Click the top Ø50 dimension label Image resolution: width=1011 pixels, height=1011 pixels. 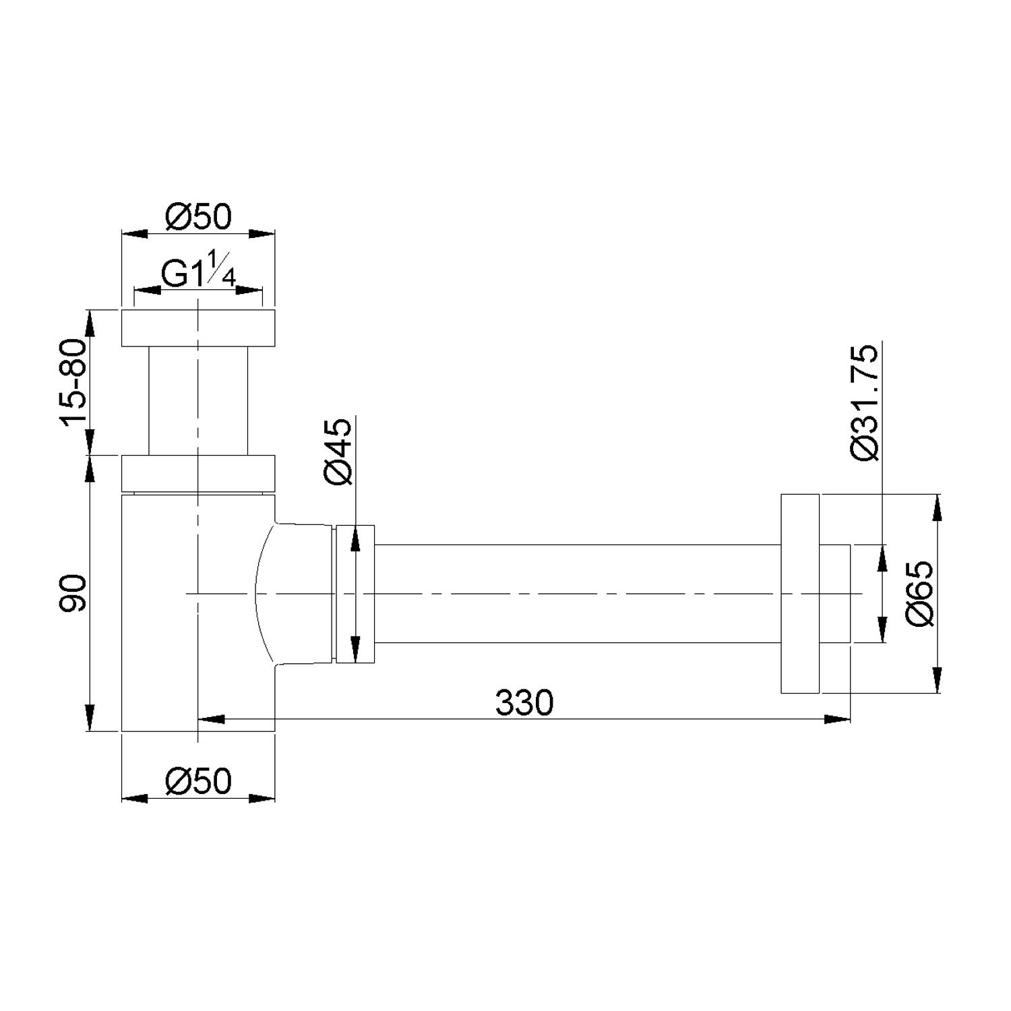coord(197,217)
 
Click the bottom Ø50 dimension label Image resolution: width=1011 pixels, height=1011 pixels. coord(197,781)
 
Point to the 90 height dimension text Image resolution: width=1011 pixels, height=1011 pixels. coord(73,593)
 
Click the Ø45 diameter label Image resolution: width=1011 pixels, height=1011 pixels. coord(338,451)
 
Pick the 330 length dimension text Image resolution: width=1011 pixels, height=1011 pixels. coord(524,703)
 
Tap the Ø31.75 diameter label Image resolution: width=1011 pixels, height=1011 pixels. coord(865,402)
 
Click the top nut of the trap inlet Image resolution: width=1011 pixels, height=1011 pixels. coord(198,328)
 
